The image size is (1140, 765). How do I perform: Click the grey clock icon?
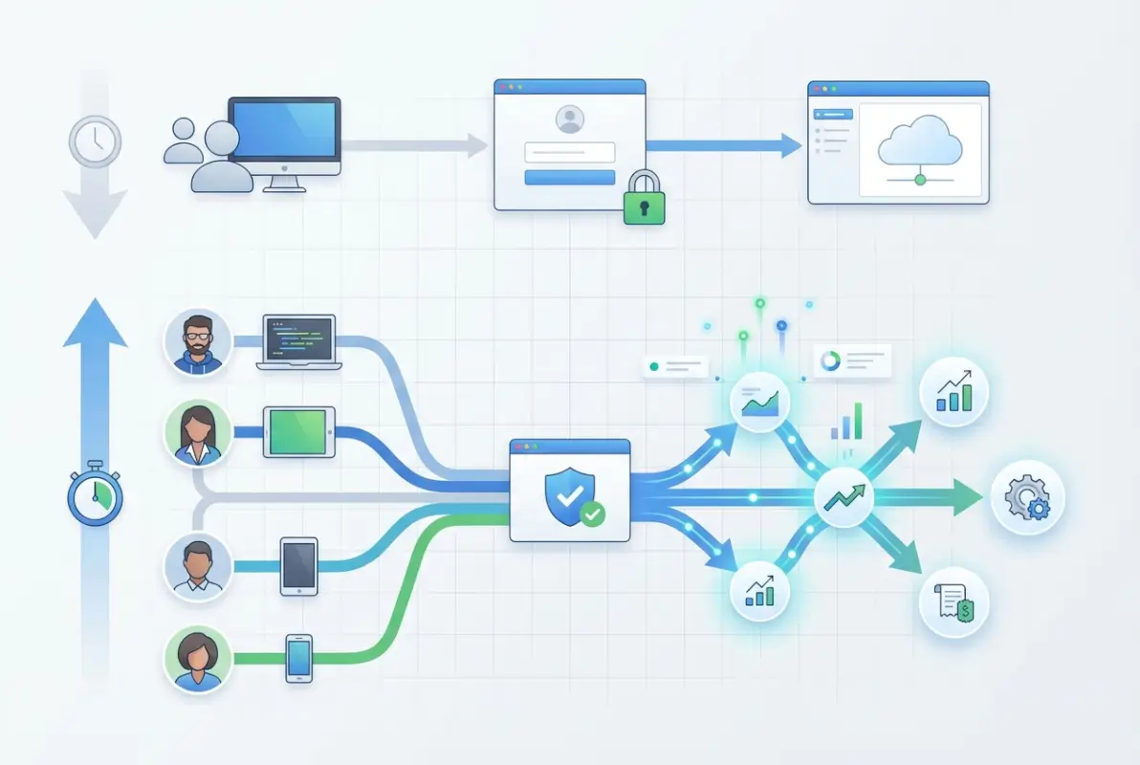point(95,142)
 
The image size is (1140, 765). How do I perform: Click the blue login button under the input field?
point(570,178)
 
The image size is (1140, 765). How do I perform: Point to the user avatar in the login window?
point(570,120)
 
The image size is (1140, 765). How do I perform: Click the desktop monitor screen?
point(284,131)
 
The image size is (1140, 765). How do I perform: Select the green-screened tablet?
point(299,431)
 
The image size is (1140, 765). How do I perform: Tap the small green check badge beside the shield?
point(593,514)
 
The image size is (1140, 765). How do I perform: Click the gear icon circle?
point(1027,497)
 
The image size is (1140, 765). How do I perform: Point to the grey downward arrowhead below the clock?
point(95,212)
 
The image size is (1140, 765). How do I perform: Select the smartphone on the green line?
point(299,657)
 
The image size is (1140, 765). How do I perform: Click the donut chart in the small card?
point(829,360)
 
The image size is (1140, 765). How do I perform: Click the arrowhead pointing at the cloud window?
point(789,145)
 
